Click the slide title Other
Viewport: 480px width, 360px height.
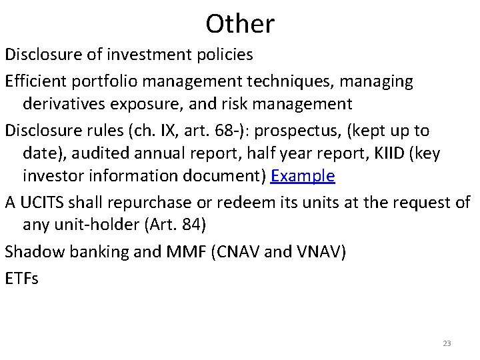click(240, 24)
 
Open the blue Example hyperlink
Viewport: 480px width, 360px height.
click(303, 177)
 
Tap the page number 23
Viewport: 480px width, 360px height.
click(447, 343)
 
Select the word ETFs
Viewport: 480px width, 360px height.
click(22, 279)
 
